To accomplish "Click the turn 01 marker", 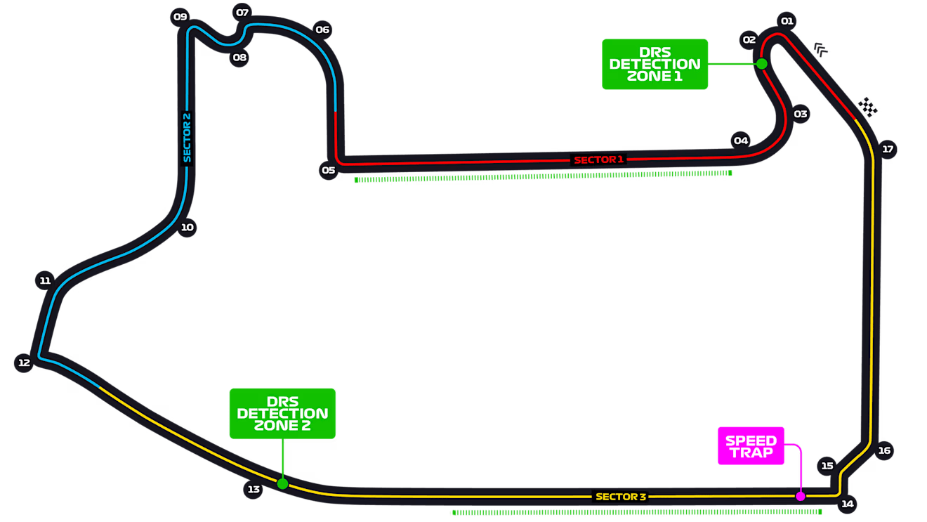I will pos(787,21).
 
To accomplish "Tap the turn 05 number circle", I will pos(328,170).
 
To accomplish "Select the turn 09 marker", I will pos(180,17).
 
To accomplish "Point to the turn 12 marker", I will pos(24,363).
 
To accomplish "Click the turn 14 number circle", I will pos(848,503).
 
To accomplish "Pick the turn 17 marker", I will pos(888,149).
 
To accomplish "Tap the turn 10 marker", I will pos(187,227).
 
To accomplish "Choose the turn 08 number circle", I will pos(239,58).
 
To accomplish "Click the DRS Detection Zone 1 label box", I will pos(655,64).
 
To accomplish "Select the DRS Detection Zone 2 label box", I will pos(282,413).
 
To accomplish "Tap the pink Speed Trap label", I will pos(751,446).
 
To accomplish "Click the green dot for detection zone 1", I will pos(761,63).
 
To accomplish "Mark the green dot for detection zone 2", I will pos(282,483).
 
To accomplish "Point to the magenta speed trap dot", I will pos(800,496).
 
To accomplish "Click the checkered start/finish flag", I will pos(869,106).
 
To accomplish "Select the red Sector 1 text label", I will pos(598,159).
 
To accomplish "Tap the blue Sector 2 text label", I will pos(187,138).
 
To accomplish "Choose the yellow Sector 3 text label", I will pos(621,497).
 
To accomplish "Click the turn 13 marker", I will pos(254,489).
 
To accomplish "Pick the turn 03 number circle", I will pos(801,114).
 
